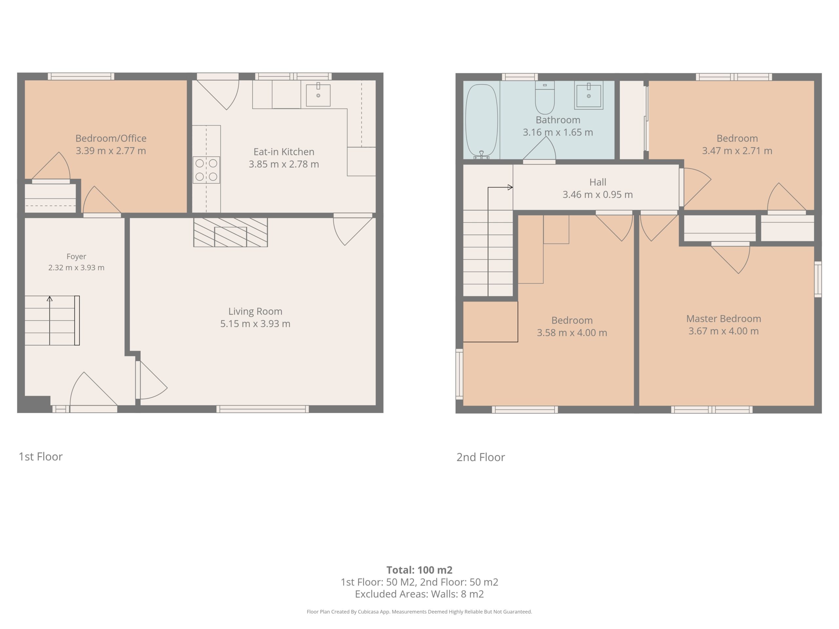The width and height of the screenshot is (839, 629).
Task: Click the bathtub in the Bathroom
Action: click(x=481, y=121)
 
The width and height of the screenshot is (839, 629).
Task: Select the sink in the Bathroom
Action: click(x=589, y=95)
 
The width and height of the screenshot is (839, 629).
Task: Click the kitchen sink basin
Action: click(x=318, y=95)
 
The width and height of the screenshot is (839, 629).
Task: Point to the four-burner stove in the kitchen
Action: click(x=206, y=170)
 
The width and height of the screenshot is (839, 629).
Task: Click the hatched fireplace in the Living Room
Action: click(x=231, y=232)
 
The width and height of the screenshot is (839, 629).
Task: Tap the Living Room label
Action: click(x=255, y=311)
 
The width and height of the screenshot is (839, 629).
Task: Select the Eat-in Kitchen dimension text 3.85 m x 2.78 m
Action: click(x=284, y=164)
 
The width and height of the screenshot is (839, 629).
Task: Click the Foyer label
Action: click(x=76, y=257)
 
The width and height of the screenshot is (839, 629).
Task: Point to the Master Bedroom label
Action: click(x=724, y=318)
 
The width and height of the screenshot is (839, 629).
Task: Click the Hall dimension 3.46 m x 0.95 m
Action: click(x=598, y=195)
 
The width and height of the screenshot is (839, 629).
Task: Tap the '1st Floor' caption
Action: click(x=41, y=456)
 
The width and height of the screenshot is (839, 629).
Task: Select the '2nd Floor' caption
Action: click(x=480, y=457)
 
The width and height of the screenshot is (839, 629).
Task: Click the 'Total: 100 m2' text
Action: click(x=419, y=570)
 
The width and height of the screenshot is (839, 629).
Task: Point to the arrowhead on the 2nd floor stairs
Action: click(x=510, y=187)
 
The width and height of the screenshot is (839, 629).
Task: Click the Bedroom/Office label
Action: click(x=111, y=138)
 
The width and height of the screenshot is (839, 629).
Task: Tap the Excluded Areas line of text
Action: click(x=419, y=594)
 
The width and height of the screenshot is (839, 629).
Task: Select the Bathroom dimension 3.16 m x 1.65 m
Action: click(x=558, y=132)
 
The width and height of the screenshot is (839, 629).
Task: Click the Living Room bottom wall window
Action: click(x=263, y=409)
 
